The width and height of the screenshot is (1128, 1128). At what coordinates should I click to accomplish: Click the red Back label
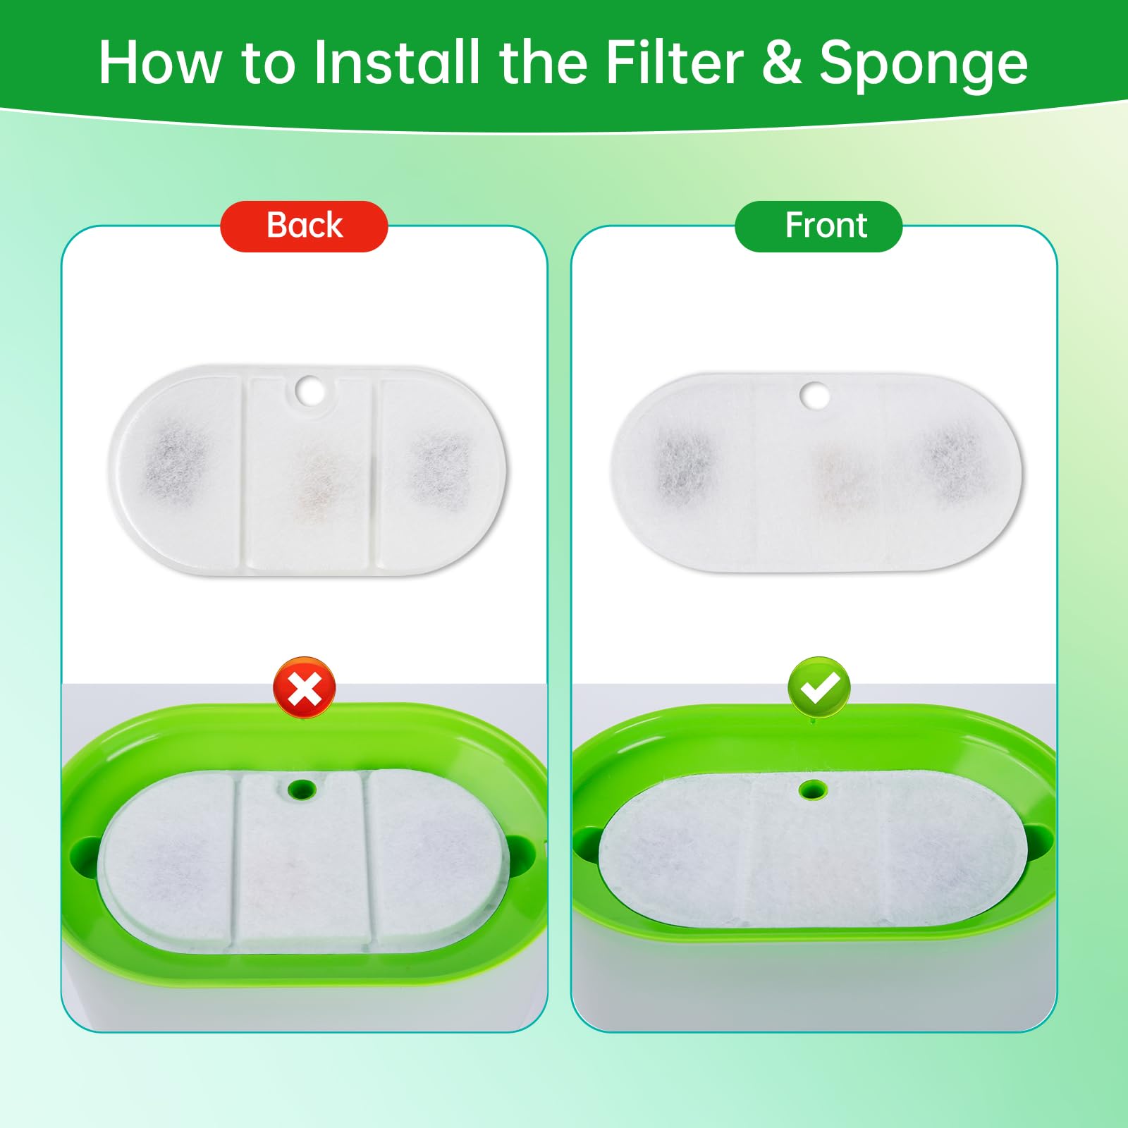[x=304, y=226]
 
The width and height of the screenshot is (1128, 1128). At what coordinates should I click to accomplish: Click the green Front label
[x=819, y=226]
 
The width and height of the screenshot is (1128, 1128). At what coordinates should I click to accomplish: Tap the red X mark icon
[x=305, y=688]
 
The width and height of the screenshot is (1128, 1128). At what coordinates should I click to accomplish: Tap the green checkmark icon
[x=819, y=688]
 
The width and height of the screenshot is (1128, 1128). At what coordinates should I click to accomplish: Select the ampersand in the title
[x=781, y=63]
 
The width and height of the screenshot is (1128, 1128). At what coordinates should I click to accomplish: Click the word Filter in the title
[x=674, y=63]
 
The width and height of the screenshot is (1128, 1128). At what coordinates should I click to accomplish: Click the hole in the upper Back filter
[x=308, y=391]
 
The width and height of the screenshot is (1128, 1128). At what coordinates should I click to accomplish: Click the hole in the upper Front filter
[x=814, y=396]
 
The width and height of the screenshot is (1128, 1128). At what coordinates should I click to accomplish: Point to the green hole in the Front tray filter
[x=813, y=789]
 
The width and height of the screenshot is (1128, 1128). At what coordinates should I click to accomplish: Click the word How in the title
[x=159, y=63]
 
